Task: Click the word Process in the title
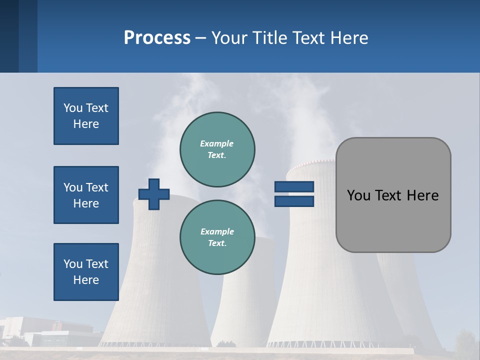(x=157, y=38)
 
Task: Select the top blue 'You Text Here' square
(x=86, y=116)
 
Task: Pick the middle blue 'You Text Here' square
(x=86, y=195)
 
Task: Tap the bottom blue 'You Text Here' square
(x=86, y=272)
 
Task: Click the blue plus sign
(x=154, y=194)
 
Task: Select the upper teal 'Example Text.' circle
(x=217, y=149)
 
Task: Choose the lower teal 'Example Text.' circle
(x=217, y=237)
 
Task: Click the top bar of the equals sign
(x=294, y=187)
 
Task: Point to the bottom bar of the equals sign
(x=294, y=201)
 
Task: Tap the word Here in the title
(x=349, y=38)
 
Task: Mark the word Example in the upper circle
(x=217, y=143)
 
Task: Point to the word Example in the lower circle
(x=217, y=231)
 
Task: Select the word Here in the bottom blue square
(x=86, y=280)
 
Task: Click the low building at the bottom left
(x=50, y=332)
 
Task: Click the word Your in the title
(x=230, y=38)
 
